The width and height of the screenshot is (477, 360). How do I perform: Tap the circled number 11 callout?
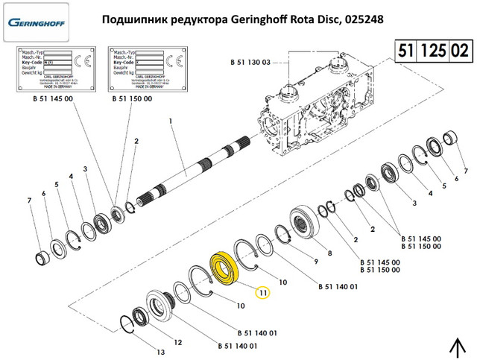(x=265, y=293)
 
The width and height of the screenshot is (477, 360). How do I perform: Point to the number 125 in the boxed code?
(x=434, y=51)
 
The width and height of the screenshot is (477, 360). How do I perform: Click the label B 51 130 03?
(x=250, y=61)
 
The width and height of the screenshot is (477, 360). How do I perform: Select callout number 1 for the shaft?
(x=170, y=121)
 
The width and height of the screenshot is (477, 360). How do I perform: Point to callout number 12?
(x=177, y=342)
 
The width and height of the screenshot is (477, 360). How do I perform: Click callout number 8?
(x=329, y=254)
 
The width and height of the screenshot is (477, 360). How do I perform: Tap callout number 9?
(x=315, y=262)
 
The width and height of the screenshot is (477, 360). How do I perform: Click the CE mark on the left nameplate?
(x=87, y=60)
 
